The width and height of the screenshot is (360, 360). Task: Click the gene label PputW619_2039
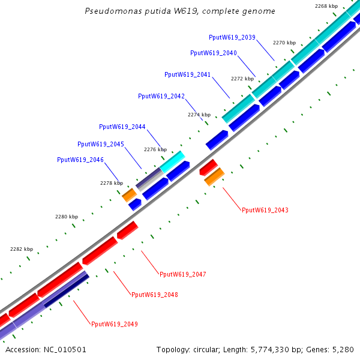232,37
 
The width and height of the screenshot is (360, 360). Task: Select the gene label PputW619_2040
214,53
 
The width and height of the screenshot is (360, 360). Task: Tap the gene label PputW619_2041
187,74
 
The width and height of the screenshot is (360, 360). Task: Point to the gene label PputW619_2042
161,96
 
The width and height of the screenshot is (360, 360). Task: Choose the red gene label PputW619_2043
265,210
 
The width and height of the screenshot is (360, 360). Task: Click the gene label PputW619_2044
122,127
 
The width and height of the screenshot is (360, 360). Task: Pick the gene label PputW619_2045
101,144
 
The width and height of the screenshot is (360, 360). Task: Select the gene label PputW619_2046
80,160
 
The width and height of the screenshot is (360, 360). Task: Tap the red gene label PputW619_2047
183,274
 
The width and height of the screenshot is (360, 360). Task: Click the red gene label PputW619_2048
155,295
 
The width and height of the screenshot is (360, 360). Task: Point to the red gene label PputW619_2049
115,324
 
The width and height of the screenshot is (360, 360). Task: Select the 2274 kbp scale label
199,115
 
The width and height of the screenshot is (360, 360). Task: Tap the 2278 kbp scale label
112,183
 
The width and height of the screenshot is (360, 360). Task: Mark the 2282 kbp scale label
22,248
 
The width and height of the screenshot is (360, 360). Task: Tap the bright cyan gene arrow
172,161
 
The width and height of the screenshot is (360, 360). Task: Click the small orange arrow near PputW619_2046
129,194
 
